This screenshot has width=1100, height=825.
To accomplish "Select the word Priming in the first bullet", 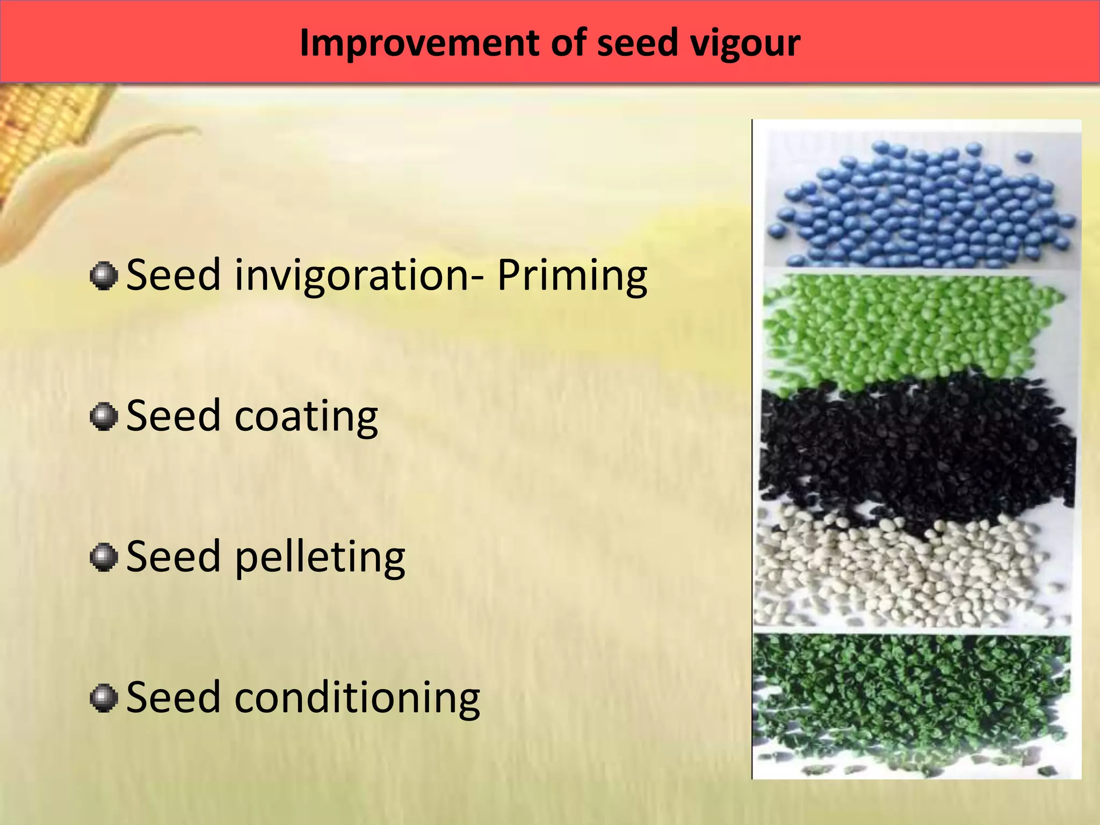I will pos(572,276).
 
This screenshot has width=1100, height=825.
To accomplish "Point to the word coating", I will pos(306,417).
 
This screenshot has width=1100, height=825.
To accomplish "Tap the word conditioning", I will pos(357,698).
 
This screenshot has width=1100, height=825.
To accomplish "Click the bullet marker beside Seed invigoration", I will pos(104,276).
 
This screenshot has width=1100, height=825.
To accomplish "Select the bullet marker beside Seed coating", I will pos(104,417).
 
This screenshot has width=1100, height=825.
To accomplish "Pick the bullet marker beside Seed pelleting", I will pos(104,558).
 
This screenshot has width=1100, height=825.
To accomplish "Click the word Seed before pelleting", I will pos(173,557).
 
